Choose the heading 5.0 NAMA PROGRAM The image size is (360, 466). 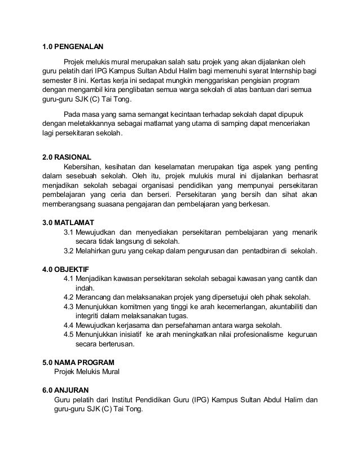pyautogui.click(x=78, y=362)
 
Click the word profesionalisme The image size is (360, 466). pyautogui.click(x=252, y=335)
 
